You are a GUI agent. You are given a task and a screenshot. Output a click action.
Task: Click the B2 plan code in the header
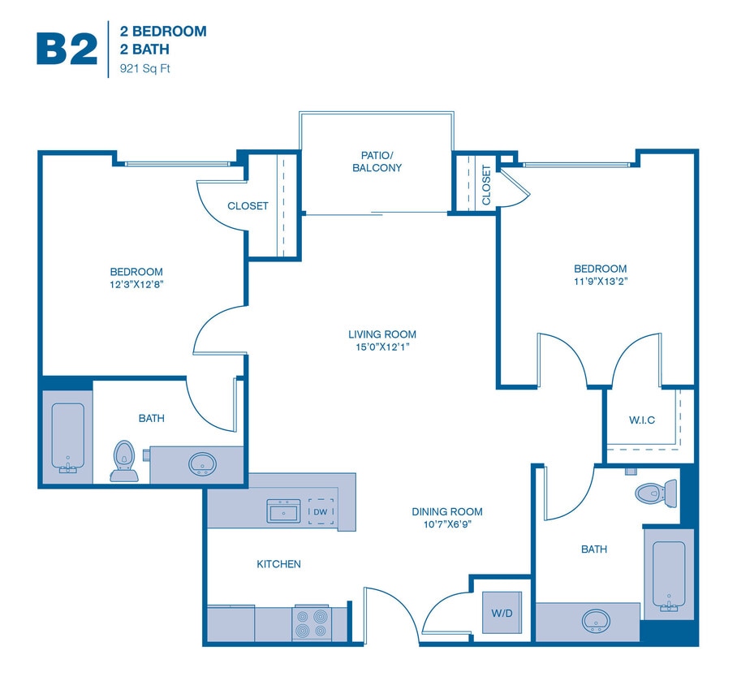67,49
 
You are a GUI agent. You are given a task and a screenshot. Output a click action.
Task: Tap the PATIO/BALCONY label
377,161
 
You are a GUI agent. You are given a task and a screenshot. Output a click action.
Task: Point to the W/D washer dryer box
502,613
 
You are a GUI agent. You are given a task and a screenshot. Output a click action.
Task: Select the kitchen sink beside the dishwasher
284,512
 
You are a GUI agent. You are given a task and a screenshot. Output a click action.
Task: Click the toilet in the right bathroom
656,492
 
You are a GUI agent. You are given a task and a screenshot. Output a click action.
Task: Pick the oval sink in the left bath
202,464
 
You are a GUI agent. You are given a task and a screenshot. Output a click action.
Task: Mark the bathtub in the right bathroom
669,575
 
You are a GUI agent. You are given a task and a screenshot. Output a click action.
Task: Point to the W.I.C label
641,420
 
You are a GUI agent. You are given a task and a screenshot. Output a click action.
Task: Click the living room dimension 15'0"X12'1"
382,347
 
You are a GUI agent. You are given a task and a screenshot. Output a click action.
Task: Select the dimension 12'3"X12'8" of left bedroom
136,284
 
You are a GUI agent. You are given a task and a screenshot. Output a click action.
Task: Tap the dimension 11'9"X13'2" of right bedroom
600,282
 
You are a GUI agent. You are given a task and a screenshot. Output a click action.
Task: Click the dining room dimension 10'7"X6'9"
446,524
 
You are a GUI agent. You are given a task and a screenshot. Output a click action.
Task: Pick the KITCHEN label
278,564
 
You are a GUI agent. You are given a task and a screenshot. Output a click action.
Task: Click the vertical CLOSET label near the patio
486,185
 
